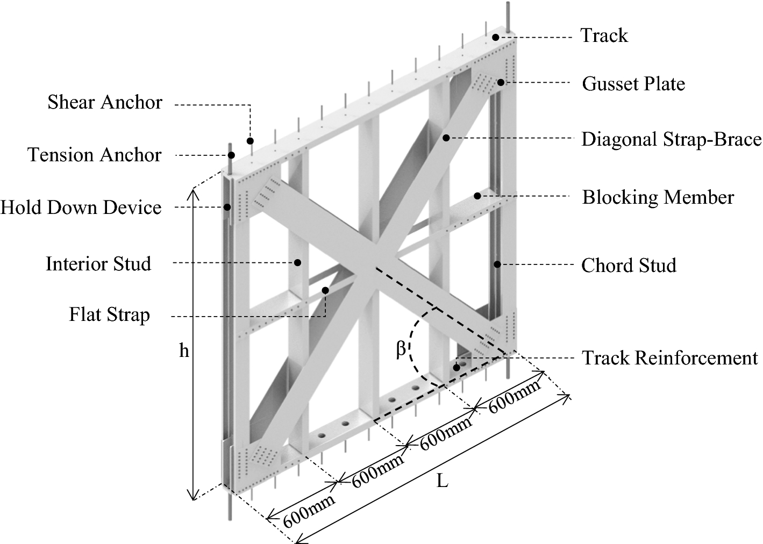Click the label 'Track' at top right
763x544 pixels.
pyautogui.click(x=604, y=35)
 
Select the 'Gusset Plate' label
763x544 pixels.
pyautogui.click(x=633, y=84)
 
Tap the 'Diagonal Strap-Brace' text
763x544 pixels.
pyautogui.click(x=671, y=139)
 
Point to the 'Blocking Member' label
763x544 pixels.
pyautogui.click(x=658, y=197)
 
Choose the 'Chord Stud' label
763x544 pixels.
pyautogui.click(x=629, y=266)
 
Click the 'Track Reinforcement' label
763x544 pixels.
pyautogui.click(x=670, y=358)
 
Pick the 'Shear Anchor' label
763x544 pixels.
pyautogui.click(x=105, y=102)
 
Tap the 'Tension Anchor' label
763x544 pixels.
pyautogui.click(x=95, y=155)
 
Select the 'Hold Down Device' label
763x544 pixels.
pyautogui.click(x=81, y=207)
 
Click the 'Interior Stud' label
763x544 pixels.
pyautogui.click(x=98, y=264)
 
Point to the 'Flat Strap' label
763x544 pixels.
pyautogui.click(x=109, y=314)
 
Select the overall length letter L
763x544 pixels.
pyautogui.click(x=442, y=481)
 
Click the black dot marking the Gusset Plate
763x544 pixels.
pyautogui.click(x=501, y=82)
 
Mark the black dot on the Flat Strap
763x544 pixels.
pyautogui.click(x=325, y=290)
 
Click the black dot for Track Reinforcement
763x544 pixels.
pyautogui.click(x=457, y=368)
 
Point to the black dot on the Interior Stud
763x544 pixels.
pyautogui.click(x=297, y=263)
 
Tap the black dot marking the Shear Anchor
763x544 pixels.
pyautogui.click(x=250, y=141)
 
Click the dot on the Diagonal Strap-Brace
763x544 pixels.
pyautogui.click(x=446, y=138)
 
